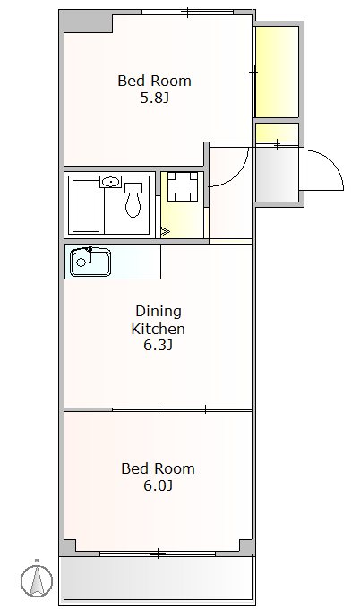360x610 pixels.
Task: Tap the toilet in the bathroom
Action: (x=133, y=200)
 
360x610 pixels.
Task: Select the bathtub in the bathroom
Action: (x=86, y=206)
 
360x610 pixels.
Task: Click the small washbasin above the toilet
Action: (x=111, y=182)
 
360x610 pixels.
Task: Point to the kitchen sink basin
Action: (x=90, y=262)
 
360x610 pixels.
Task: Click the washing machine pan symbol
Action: (x=183, y=186)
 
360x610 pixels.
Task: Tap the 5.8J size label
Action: (x=154, y=98)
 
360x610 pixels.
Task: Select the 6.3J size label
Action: (x=158, y=345)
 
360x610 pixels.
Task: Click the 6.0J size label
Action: (x=158, y=485)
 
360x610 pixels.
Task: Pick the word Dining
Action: (x=159, y=311)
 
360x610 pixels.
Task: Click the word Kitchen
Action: (x=158, y=329)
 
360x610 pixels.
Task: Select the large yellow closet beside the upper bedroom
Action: (x=277, y=72)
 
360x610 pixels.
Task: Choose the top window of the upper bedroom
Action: (x=187, y=12)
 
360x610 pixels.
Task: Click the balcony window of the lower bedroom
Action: (x=158, y=554)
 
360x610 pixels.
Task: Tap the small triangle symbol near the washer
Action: (x=165, y=232)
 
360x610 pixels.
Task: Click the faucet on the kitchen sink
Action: (x=90, y=254)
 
